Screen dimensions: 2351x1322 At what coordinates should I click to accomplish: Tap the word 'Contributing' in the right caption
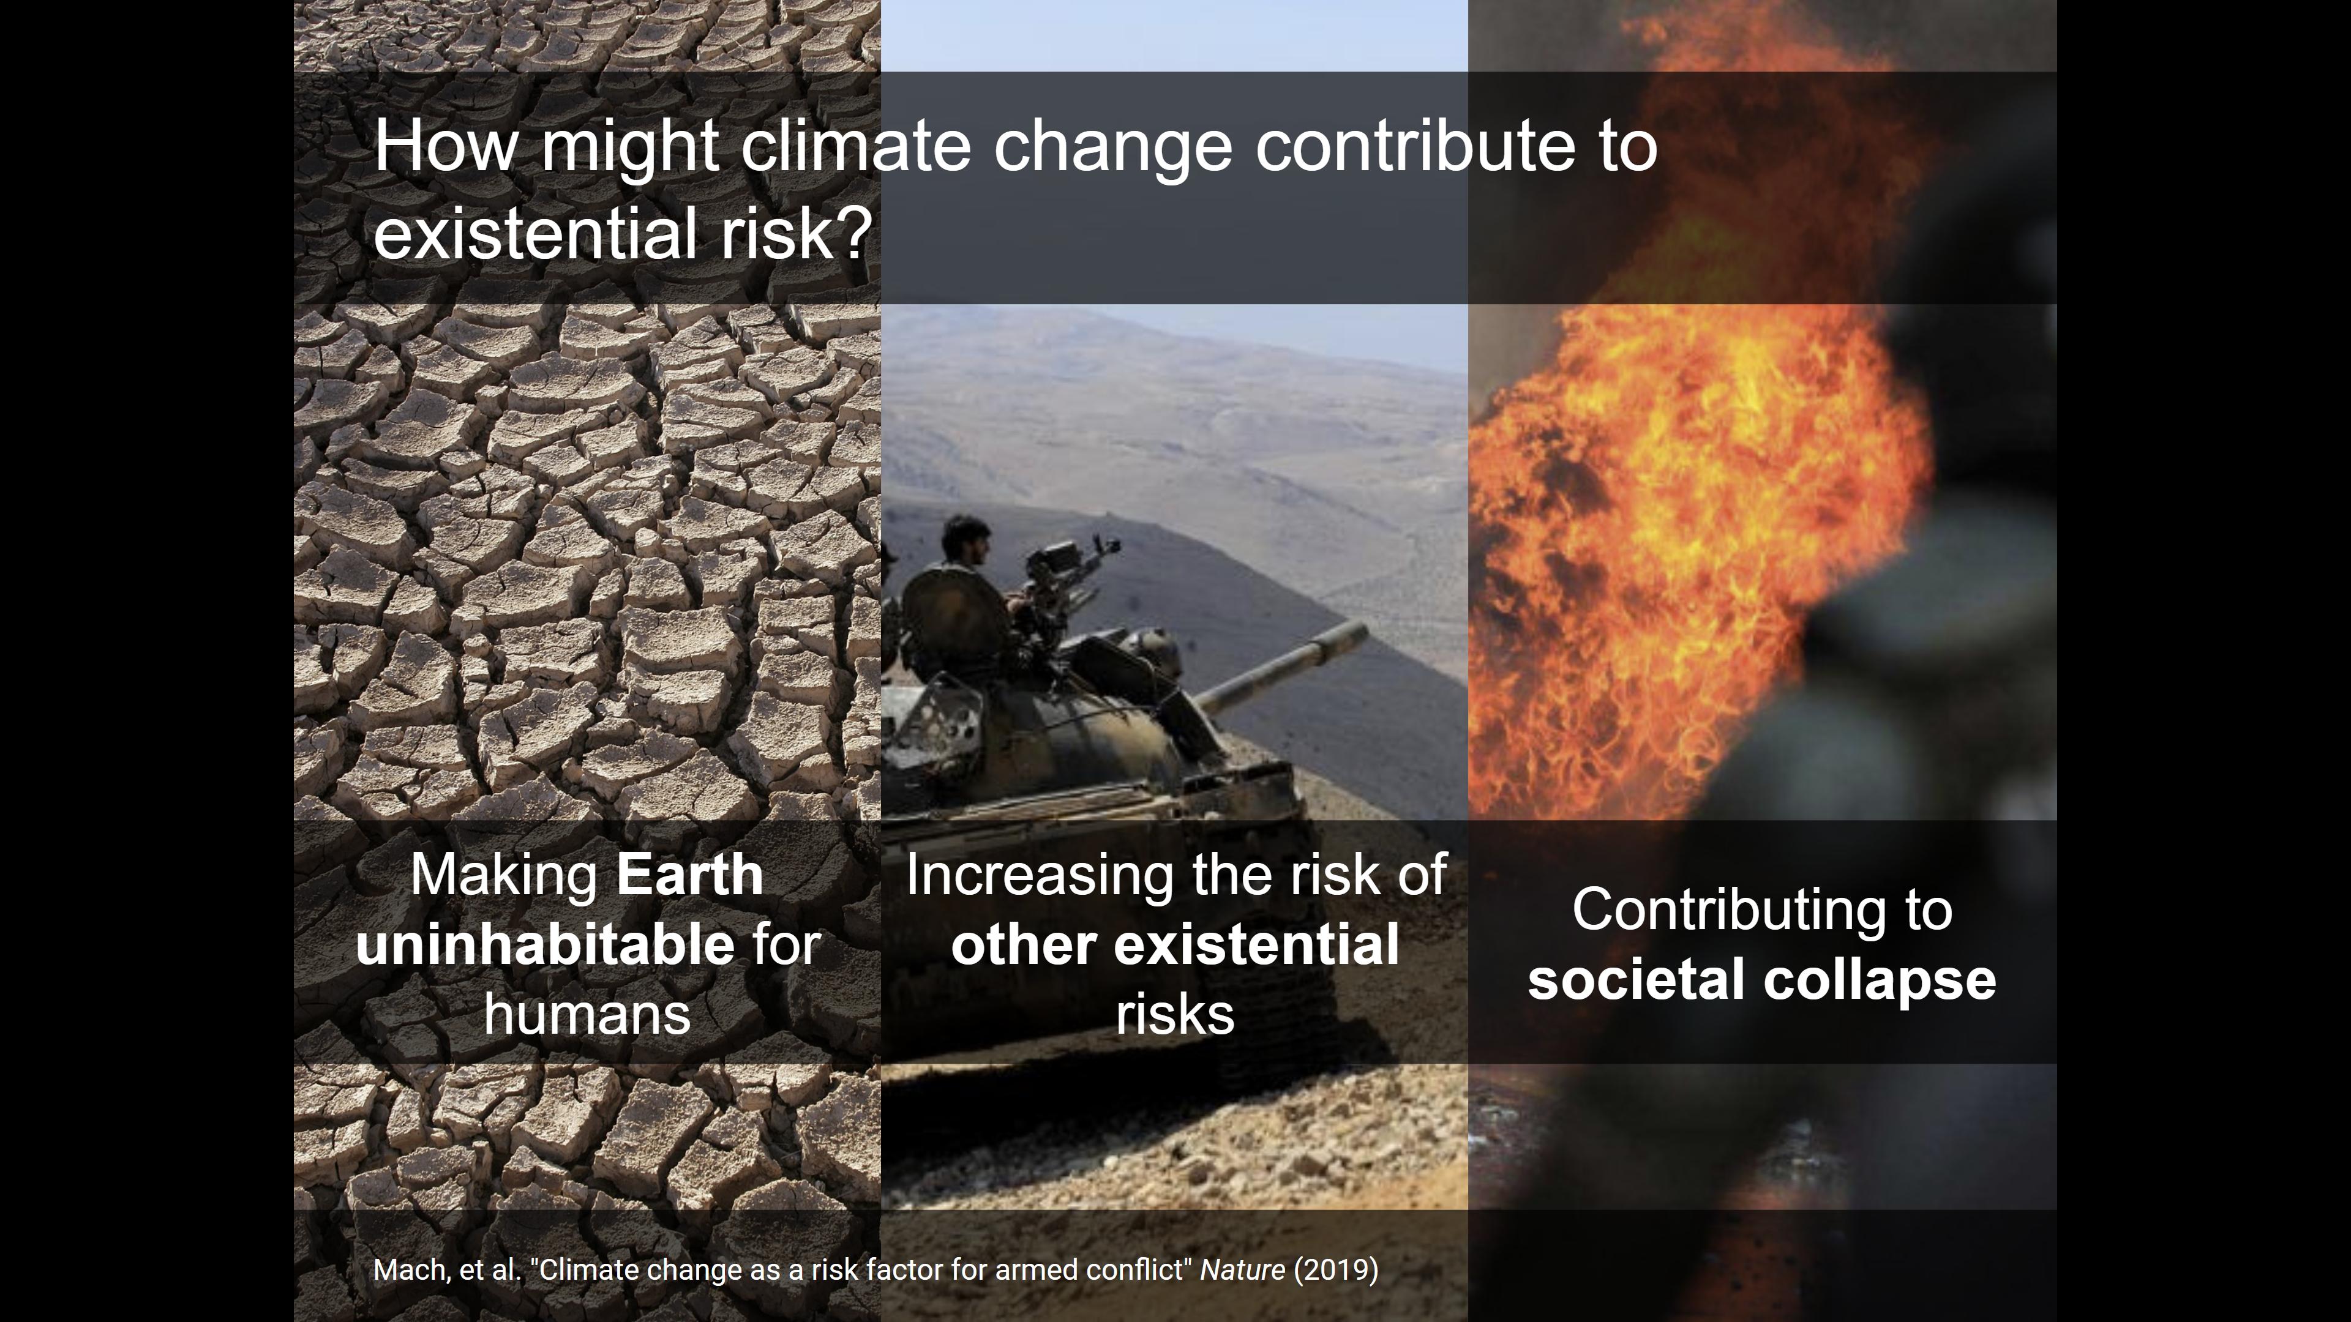[x=1728, y=911]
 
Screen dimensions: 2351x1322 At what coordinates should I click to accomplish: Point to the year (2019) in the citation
[x=1336, y=1270]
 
